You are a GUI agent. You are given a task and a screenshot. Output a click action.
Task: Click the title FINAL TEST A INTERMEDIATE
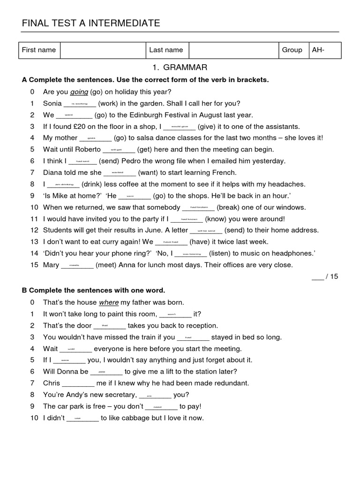(91, 23)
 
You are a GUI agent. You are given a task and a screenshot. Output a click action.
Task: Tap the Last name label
(166, 50)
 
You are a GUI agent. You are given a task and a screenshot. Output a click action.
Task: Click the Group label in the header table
(292, 50)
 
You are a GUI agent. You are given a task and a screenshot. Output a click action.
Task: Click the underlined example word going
(79, 92)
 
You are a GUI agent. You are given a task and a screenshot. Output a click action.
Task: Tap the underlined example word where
(109, 302)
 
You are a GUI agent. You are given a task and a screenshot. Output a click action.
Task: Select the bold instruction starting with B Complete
(93, 291)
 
